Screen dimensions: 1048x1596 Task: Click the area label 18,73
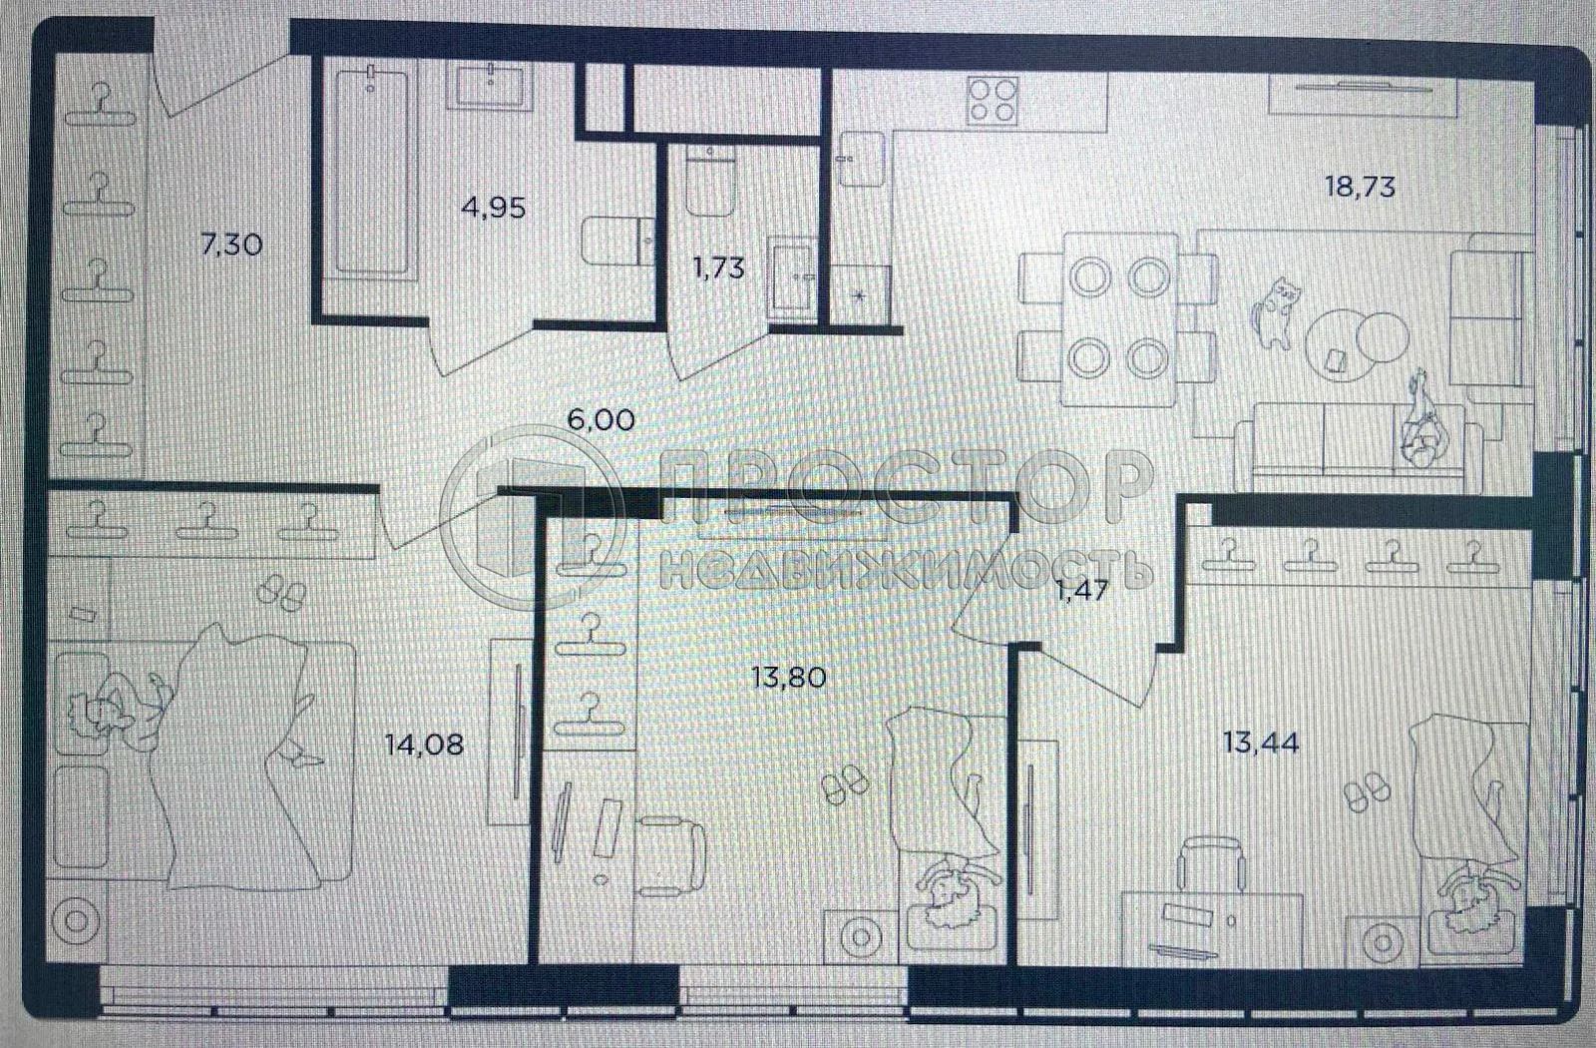pos(1359,187)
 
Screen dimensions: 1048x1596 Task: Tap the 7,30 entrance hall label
pos(231,244)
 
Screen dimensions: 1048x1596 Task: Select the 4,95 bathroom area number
pos(493,208)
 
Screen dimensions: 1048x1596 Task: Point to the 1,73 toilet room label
pos(718,267)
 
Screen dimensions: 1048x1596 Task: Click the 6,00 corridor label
pos(600,419)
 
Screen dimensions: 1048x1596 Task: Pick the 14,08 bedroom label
pos(424,744)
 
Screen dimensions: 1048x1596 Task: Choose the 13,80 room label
pos(788,678)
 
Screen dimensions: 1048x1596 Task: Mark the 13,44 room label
pos(1261,742)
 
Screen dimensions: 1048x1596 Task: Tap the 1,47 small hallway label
pos(1081,590)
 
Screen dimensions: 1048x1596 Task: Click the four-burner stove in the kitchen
pos(993,100)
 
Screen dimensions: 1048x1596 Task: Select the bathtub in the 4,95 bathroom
pos(370,170)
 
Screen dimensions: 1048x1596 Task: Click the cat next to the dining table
pos(1275,312)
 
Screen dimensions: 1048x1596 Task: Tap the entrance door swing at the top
pos(214,80)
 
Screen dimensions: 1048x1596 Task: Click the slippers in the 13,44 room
pos(1366,793)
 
